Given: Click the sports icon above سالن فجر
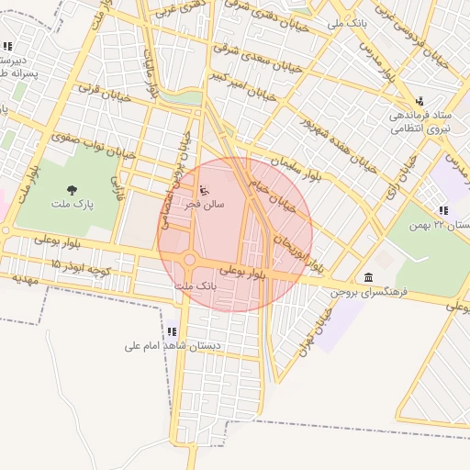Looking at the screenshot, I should click(x=203, y=191).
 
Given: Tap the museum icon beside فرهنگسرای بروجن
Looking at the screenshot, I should click(x=368, y=278).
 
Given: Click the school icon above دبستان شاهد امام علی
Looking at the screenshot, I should click(x=172, y=331).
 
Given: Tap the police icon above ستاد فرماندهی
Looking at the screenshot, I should click(x=420, y=101).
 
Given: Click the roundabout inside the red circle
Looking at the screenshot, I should click(x=189, y=260).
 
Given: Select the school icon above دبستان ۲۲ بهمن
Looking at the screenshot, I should click(x=443, y=210).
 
